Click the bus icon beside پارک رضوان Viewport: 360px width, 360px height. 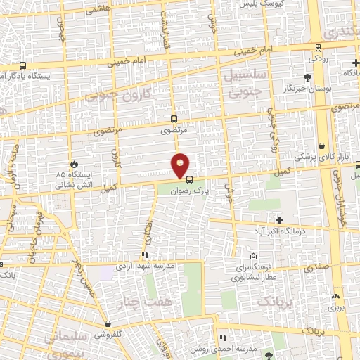(x=188, y=178)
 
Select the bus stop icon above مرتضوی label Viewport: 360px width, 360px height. (x=174, y=119)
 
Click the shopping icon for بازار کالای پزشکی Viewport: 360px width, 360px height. (x=321, y=146)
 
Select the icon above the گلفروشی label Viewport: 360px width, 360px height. (x=108, y=324)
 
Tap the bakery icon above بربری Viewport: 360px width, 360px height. (x=335, y=297)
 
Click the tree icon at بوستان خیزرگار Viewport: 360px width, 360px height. (x=307, y=77)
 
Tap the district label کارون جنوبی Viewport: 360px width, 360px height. (x=120, y=94)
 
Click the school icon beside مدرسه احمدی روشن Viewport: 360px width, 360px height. (x=223, y=337)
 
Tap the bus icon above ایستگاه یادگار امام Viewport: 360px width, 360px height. (x=24, y=64)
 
